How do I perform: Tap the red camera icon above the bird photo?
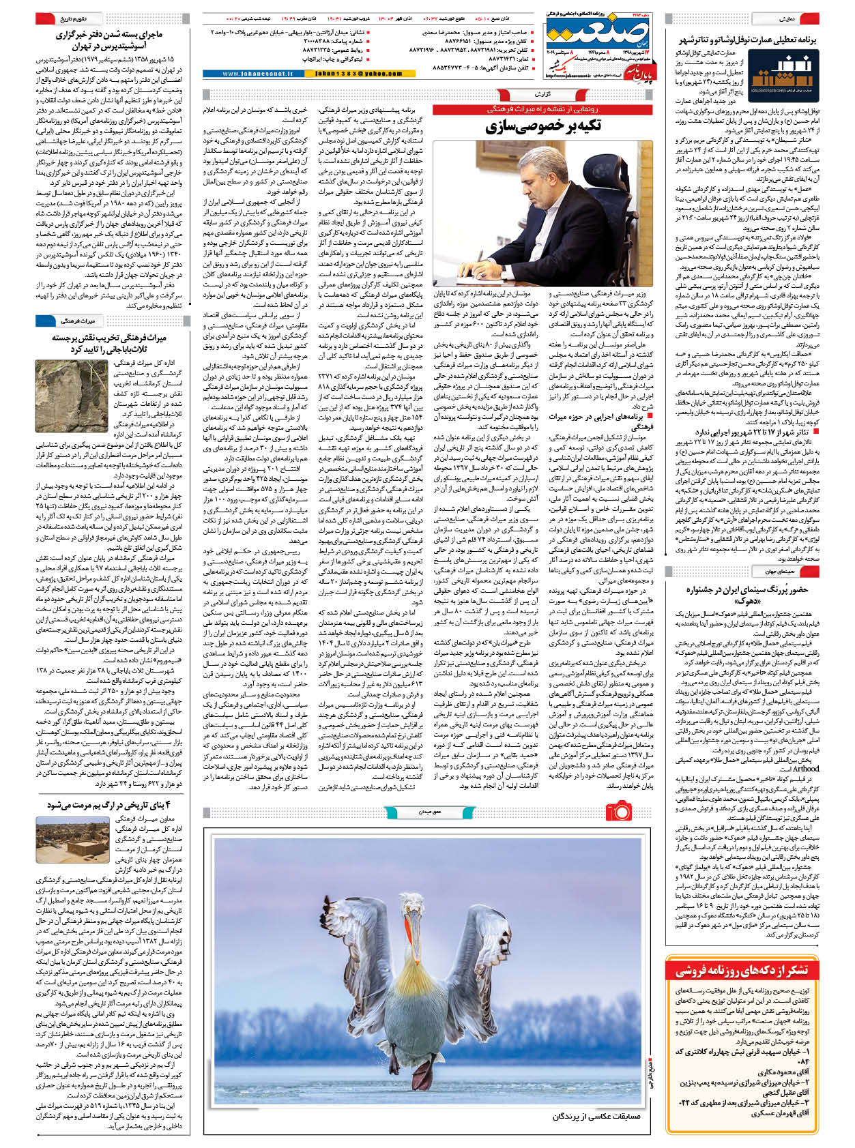point(619,810)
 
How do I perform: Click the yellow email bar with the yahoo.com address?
point(359,74)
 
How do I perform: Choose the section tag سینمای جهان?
point(776,571)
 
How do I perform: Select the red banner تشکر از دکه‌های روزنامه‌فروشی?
point(741,971)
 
